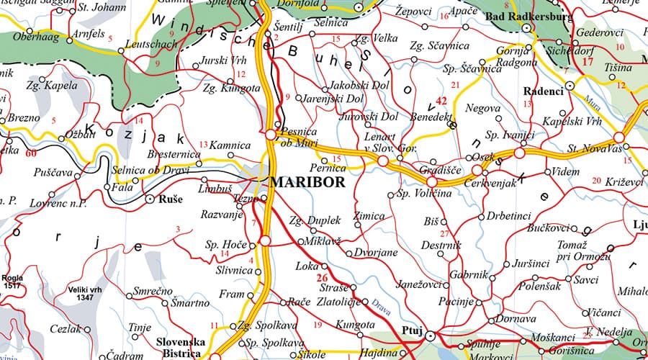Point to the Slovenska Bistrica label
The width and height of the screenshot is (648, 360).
(180, 347)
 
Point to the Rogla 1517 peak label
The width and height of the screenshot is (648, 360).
(12, 281)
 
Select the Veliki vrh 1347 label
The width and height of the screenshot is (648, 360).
(82, 292)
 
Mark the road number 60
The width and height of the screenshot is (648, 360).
(31, 153)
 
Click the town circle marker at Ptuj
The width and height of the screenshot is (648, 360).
(430, 335)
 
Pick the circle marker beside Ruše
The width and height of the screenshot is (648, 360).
(150, 197)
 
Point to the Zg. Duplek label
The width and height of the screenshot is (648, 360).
(314, 221)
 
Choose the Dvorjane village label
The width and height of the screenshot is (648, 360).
(372, 253)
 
